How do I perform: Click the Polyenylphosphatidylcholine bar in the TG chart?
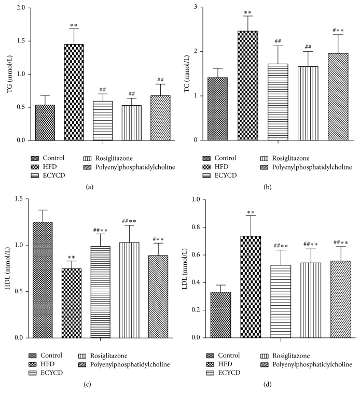[x=160, y=118]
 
